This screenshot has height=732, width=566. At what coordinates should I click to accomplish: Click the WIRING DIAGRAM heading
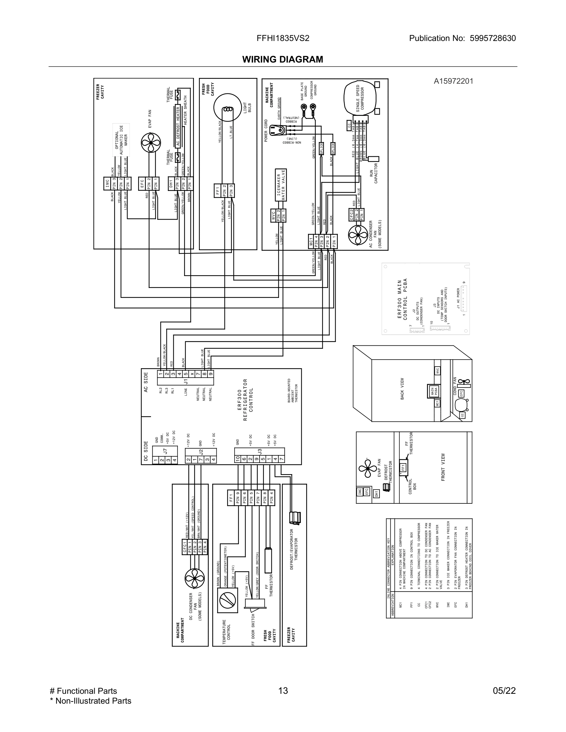click(283, 59)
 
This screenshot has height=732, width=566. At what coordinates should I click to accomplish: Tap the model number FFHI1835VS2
click(283, 38)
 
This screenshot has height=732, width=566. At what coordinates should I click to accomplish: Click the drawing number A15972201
click(453, 81)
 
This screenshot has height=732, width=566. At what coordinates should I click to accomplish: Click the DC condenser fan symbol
click(195, 579)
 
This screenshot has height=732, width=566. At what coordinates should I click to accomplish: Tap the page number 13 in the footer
click(283, 690)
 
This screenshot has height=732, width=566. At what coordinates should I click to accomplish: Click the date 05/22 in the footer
click(504, 690)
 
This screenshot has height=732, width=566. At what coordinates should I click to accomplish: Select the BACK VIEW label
click(402, 388)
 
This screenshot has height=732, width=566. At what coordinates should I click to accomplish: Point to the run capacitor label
click(374, 173)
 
